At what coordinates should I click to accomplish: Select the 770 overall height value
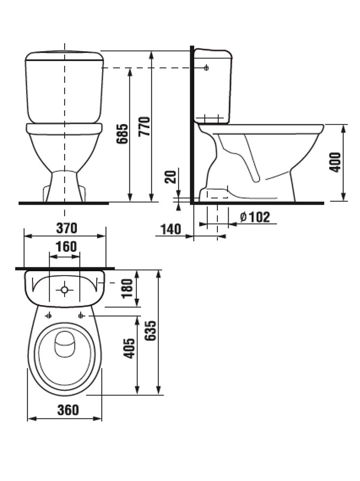coord(145,127)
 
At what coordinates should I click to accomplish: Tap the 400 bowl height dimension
coord(335,162)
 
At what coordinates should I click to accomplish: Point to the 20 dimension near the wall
coord(170,176)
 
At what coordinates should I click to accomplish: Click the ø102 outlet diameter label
coord(255,217)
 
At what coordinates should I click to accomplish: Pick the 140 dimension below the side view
coord(170,229)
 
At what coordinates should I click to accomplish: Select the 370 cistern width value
coord(66,228)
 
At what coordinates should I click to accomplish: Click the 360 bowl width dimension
coord(68,410)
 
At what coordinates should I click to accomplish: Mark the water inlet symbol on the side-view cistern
coord(207,68)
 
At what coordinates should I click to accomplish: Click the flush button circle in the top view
coord(65,290)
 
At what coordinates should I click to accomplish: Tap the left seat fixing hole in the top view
coord(49,315)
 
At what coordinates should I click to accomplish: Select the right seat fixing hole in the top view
coord(81,315)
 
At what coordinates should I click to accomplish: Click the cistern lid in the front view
coord(64,56)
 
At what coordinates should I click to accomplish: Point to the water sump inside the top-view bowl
coord(65,345)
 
